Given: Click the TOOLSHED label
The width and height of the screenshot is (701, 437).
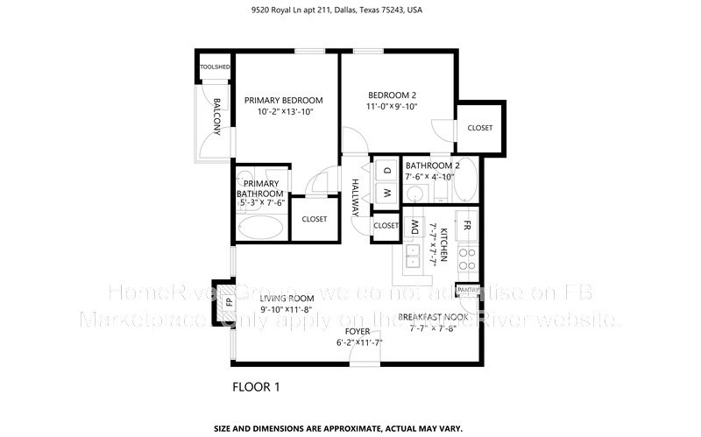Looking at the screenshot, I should pyautogui.click(x=214, y=67).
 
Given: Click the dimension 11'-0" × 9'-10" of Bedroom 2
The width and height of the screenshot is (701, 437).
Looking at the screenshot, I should pyautogui.click(x=392, y=107).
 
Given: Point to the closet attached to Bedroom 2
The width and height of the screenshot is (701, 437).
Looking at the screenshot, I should pyautogui.click(x=479, y=128).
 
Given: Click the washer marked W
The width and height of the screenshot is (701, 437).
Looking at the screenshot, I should pyautogui.click(x=386, y=192).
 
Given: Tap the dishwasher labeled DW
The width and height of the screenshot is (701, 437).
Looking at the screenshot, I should pyautogui.click(x=414, y=229).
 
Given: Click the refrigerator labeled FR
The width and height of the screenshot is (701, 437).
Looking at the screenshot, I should pyautogui.click(x=467, y=225).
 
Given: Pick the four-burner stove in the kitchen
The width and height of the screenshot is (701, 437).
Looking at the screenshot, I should pyautogui.click(x=468, y=258).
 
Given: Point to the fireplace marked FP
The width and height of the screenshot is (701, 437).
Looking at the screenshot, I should pyautogui.click(x=230, y=302).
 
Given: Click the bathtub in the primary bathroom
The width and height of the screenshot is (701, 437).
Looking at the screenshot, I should pyautogui.click(x=260, y=229).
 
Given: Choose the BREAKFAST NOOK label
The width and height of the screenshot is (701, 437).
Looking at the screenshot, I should pyautogui.click(x=433, y=316).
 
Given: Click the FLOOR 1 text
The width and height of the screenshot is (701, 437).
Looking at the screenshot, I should pyautogui.click(x=256, y=385).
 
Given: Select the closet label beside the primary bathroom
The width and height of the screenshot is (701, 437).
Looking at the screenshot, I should pyautogui.click(x=314, y=219).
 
